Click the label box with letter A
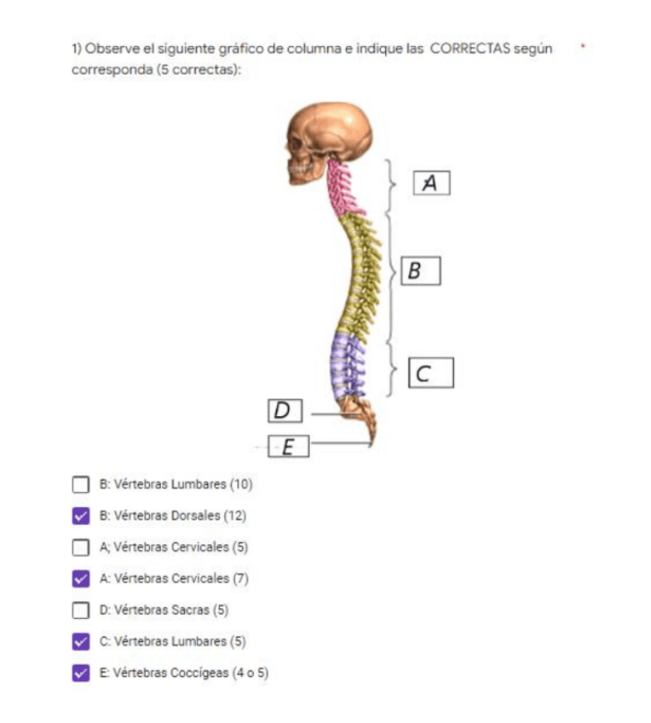430,183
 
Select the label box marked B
420,271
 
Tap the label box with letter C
430,373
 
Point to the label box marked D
285,412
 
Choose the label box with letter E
288,446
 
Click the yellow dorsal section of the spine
362,273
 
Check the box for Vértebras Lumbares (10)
81,485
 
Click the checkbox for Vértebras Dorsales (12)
81,516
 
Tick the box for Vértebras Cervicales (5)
81,547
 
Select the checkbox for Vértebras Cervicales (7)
81,579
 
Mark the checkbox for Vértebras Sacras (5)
81,610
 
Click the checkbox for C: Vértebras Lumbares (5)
81,641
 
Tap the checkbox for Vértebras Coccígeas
81,673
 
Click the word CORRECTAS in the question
470,49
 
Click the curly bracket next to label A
390,184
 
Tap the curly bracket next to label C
391,371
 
